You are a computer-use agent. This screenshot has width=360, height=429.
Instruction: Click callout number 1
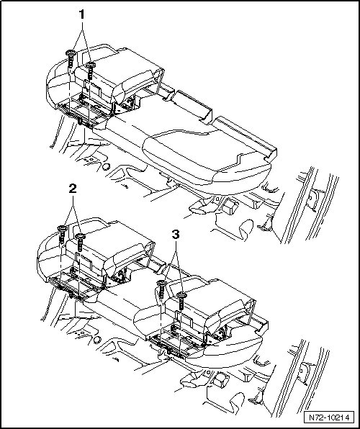[81, 15]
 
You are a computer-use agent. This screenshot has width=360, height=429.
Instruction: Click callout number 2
[73, 189]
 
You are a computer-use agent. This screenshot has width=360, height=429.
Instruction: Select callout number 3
[176, 234]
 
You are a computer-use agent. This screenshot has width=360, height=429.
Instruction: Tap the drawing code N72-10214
[329, 417]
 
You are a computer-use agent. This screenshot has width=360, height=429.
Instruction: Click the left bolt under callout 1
[71, 59]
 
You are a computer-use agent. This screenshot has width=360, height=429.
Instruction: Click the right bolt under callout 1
[90, 71]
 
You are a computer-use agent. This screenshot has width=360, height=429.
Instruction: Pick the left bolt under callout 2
[62, 235]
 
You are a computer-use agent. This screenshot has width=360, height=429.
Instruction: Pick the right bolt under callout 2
[80, 242]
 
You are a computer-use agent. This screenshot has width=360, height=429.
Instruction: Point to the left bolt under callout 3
[161, 289]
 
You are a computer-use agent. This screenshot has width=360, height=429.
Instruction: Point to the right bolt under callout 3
[181, 301]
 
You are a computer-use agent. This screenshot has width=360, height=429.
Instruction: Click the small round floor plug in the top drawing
[107, 166]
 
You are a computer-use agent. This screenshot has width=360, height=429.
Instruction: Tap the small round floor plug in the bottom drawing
[97, 340]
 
